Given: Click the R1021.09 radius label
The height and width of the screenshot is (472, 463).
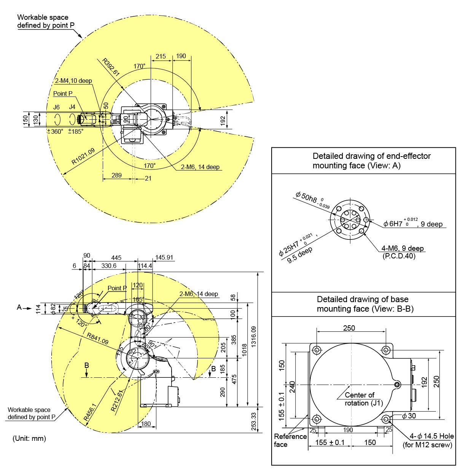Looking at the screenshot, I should pos(83,156).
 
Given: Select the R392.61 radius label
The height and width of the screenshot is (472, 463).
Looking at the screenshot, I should pos(111,67).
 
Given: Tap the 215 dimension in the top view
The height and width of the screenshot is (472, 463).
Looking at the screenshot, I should pos(161,56).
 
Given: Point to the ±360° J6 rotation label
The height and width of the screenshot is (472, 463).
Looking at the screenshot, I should pos(55,131).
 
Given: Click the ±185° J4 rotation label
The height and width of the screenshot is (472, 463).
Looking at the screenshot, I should pos(76,131).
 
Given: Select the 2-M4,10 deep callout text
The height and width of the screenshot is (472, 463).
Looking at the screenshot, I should pos(73,81).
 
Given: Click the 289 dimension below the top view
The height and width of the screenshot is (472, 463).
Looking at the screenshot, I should pos(117,175).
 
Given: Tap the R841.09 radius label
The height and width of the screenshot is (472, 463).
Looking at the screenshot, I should pos(98,338).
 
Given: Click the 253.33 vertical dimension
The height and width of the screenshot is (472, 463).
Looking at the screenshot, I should pos(254,421).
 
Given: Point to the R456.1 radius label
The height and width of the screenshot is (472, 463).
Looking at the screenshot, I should pos(90,412).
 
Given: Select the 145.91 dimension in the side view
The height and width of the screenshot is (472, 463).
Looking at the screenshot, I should pos(164,257).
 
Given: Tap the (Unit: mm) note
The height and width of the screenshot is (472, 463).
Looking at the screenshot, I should pos(29,438).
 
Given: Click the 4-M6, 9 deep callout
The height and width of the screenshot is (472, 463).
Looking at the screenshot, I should pos(403,248).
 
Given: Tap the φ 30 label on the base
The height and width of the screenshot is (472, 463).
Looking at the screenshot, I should pos(409,416).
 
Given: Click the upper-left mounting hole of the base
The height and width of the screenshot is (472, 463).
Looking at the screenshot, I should pos(317,350).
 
